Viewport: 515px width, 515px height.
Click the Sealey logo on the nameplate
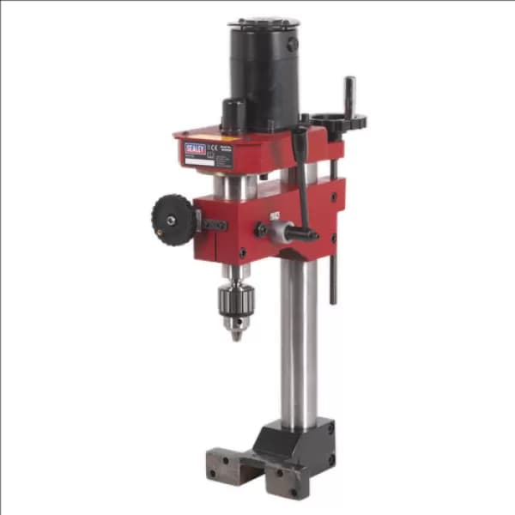point(195,149)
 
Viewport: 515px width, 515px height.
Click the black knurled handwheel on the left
point(175,220)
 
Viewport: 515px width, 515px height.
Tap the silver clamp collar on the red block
point(279,230)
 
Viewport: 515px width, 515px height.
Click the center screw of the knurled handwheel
point(171,221)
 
